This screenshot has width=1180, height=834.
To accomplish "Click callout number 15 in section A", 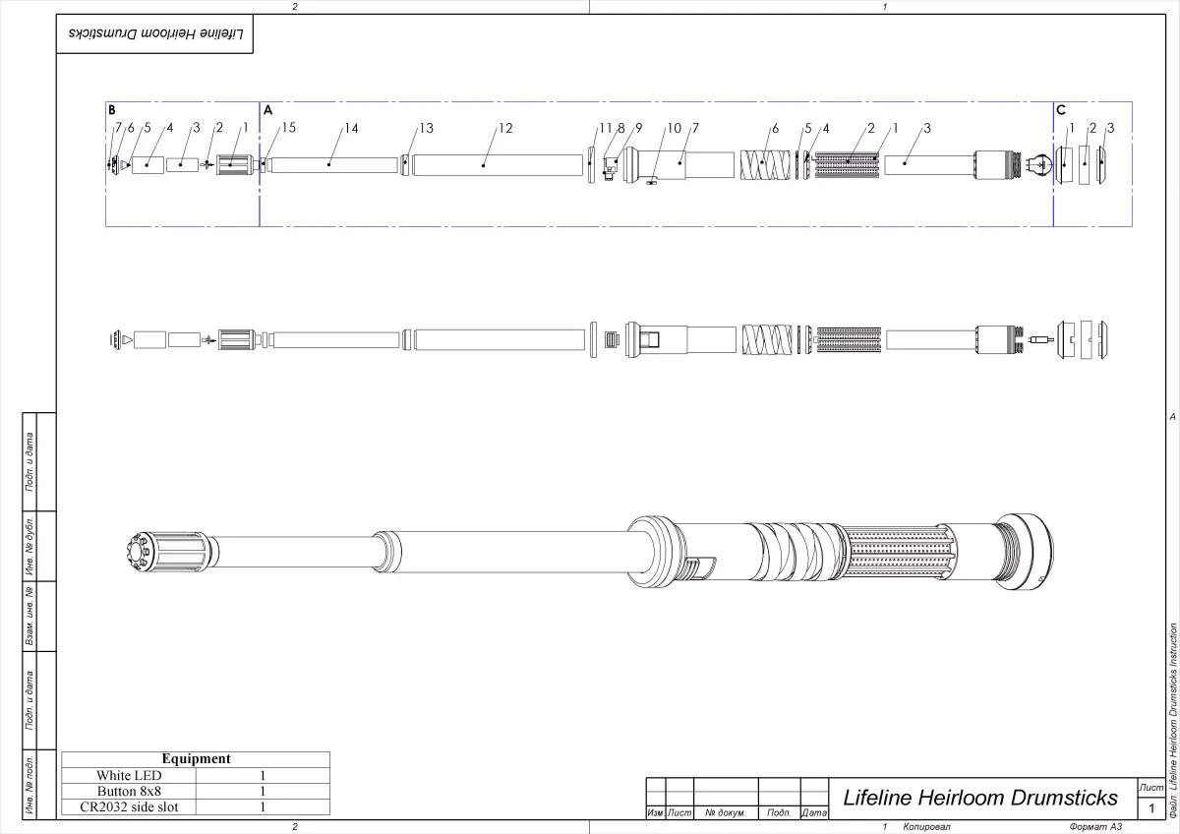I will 289,128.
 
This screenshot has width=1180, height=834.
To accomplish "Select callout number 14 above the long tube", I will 351,128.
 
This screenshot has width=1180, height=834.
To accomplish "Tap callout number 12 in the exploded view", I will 505,128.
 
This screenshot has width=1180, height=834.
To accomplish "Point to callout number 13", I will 426,128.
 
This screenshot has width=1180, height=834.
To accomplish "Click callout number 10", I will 674,128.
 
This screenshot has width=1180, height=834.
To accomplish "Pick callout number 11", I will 605,128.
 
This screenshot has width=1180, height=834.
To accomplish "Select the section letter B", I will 112,110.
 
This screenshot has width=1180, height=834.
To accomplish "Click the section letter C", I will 1061,110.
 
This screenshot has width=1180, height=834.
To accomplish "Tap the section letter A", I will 267,110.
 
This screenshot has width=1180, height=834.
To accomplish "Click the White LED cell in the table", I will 129,775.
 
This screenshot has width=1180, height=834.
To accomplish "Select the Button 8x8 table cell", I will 129,791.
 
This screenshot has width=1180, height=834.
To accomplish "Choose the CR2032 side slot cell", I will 129,807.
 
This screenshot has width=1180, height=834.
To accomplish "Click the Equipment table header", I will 196,758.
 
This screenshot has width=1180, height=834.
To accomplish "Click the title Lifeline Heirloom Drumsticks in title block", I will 980,797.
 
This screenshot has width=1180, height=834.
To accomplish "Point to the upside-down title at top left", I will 155,33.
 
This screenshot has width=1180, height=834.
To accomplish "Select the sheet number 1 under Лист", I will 1150,808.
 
